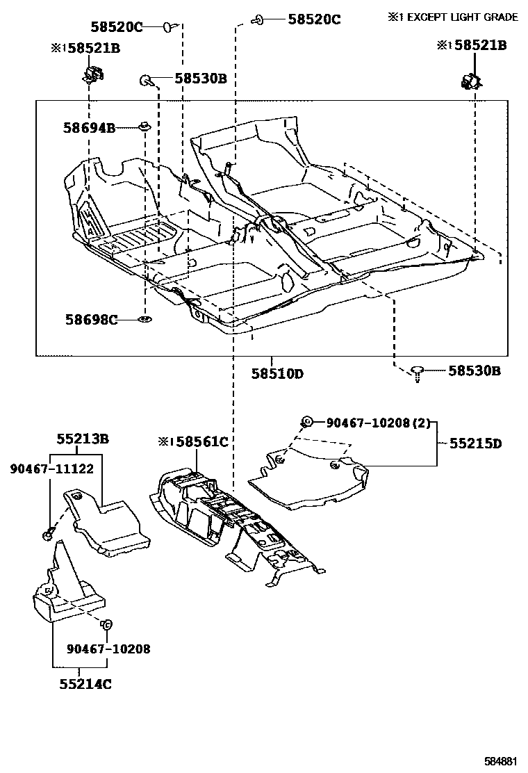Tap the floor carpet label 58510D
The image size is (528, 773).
(x=278, y=374)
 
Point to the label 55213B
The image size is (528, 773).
(x=83, y=439)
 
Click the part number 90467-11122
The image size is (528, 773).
(x=51, y=469)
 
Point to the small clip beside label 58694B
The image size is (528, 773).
(x=144, y=127)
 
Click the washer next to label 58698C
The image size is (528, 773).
(x=145, y=320)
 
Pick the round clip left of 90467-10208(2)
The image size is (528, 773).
(x=306, y=421)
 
